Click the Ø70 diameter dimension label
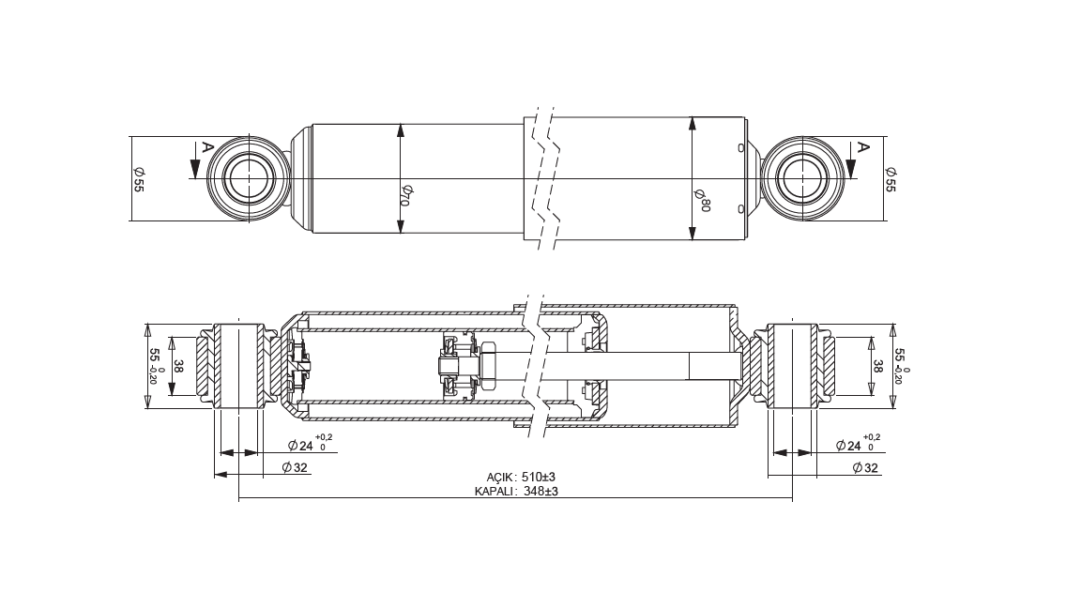click(x=405, y=196)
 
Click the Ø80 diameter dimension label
click(x=702, y=200)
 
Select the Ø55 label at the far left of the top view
click(x=138, y=179)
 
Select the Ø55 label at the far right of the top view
click(x=890, y=179)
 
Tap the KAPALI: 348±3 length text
click(x=516, y=492)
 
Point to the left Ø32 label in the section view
click(x=295, y=468)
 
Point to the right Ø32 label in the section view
click(x=865, y=468)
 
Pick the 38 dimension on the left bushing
click(x=179, y=366)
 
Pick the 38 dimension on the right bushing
click(x=877, y=366)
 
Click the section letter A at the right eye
click(x=861, y=146)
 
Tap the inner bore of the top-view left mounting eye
click(x=247, y=179)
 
